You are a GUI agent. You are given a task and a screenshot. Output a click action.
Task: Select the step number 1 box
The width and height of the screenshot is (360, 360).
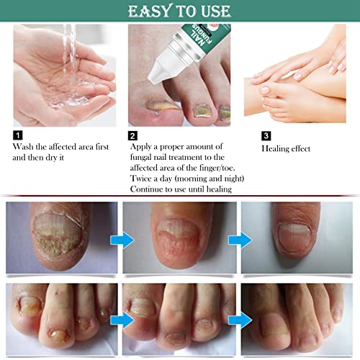[17, 134]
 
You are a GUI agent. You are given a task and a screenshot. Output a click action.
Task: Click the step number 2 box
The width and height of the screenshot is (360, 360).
[133, 134]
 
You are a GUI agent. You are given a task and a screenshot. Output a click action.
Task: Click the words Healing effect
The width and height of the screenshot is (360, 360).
[286, 148]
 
